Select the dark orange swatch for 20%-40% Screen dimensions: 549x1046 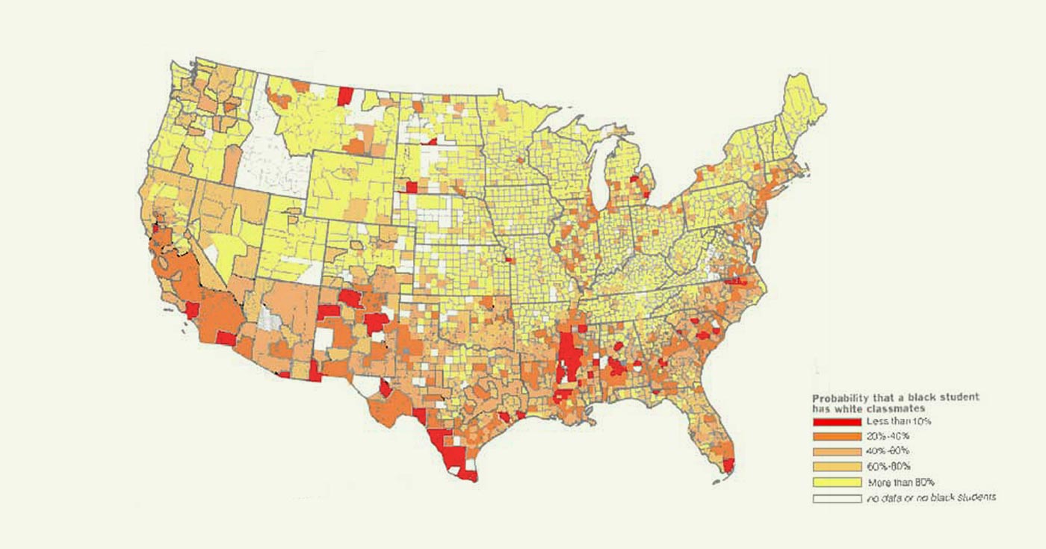(837, 437)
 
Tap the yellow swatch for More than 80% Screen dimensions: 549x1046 (837, 482)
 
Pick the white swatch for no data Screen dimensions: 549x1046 (837, 497)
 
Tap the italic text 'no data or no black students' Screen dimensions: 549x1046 (931, 497)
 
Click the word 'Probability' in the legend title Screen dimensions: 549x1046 (838, 397)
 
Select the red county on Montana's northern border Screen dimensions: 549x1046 (345, 96)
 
